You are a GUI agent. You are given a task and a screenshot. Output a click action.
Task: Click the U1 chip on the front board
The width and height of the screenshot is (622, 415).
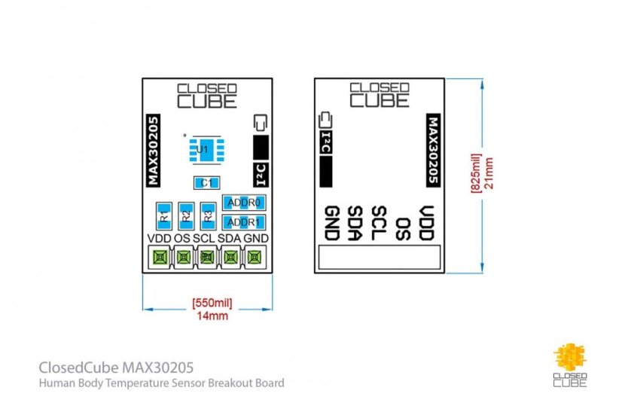click(201, 150)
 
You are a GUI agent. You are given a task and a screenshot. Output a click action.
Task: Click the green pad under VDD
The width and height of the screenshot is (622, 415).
click(160, 258)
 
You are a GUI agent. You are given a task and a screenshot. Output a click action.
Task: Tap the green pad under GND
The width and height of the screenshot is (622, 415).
click(255, 258)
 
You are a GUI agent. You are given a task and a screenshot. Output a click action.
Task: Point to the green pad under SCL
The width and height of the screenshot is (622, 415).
click(207, 258)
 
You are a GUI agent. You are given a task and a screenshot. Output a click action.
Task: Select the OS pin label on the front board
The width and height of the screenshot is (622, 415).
click(181, 239)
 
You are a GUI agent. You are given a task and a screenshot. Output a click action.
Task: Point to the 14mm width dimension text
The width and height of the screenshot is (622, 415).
click(212, 316)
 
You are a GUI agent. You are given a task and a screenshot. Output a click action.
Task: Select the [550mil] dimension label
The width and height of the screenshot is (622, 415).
click(212, 303)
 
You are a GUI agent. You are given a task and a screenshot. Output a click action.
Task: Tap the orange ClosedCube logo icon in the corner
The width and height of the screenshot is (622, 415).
click(569, 358)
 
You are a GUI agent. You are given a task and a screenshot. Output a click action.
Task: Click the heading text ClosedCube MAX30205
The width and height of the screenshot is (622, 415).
click(115, 368)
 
